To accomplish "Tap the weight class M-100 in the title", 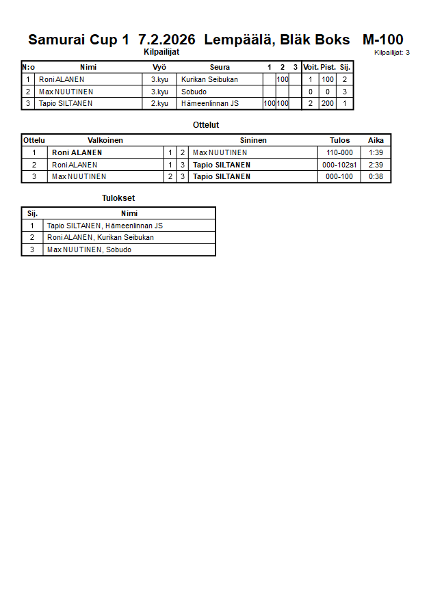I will tap(382, 40).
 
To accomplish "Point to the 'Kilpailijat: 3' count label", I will tap(391, 53).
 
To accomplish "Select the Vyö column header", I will tap(159, 67).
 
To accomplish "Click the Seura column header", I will tap(220, 67).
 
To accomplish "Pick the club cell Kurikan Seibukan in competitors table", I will tap(210, 79).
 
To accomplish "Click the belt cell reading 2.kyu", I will tap(159, 104).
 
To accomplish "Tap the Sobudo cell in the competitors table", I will tap(194, 92).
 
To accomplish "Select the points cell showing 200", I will tap(328, 104).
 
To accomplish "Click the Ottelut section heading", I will tap(206, 125).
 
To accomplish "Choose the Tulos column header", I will tap(339, 140).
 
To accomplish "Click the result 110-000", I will tap(339, 152).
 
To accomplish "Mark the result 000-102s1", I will tap(339, 165).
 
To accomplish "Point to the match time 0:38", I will tap(376, 176).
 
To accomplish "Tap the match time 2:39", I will tap(376, 165).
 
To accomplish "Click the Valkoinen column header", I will tap(105, 140).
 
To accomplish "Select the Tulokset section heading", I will tap(118, 198).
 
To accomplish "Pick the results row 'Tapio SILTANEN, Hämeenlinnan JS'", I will tap(105, 226).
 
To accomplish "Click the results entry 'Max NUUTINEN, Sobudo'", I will tap(89, 249).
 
